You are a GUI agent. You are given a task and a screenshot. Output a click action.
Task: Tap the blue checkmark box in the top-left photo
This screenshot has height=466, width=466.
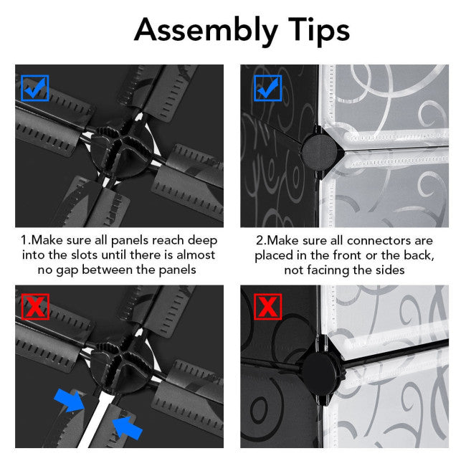click(x=35, y=88)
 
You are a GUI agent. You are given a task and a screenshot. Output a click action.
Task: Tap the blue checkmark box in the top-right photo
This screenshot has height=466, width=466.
click(x=268, y=88)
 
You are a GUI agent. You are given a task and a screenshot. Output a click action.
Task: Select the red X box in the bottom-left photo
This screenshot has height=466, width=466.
click(x=35, y=307)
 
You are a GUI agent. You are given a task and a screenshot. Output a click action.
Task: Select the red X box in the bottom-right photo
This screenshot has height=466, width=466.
click(x=268, y=307)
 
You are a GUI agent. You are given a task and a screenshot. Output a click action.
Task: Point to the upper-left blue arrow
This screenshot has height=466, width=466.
click(x=70, y=400)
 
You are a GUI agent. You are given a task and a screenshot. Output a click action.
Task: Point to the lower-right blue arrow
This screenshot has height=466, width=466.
click(x=127, y=428)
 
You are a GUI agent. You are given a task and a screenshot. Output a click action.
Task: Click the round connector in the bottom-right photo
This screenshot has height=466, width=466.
click(x=320, y=370)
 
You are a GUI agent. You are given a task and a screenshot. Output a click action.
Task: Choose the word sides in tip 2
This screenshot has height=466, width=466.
click(x=390, y=270)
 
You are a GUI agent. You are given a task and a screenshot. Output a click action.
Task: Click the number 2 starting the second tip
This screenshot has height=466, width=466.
click(x=259, y=241)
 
